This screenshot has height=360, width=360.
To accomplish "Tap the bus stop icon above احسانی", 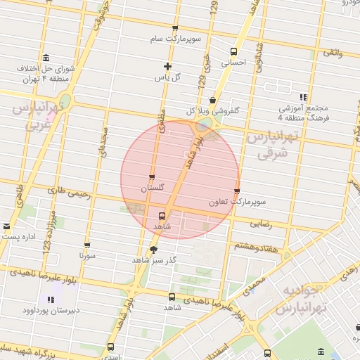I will (x=234, y=51).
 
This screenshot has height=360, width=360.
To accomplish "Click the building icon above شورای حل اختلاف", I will (x=46, y=58).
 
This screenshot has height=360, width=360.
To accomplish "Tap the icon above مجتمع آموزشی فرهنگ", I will (x=303, y=97).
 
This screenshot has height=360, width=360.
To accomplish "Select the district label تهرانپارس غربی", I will (x=40, y=117).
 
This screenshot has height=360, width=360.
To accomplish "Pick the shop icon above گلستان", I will (x=152, y=177).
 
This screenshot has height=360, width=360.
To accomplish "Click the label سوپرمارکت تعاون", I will (x=236, y=202).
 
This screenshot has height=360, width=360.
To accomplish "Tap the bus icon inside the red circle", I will (x=163, y=216).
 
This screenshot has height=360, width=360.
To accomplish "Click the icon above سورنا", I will (x=86, y=246).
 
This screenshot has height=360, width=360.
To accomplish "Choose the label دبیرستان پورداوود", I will (x=50, y=309).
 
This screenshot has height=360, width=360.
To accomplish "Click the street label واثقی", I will (x=333, y=53).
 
